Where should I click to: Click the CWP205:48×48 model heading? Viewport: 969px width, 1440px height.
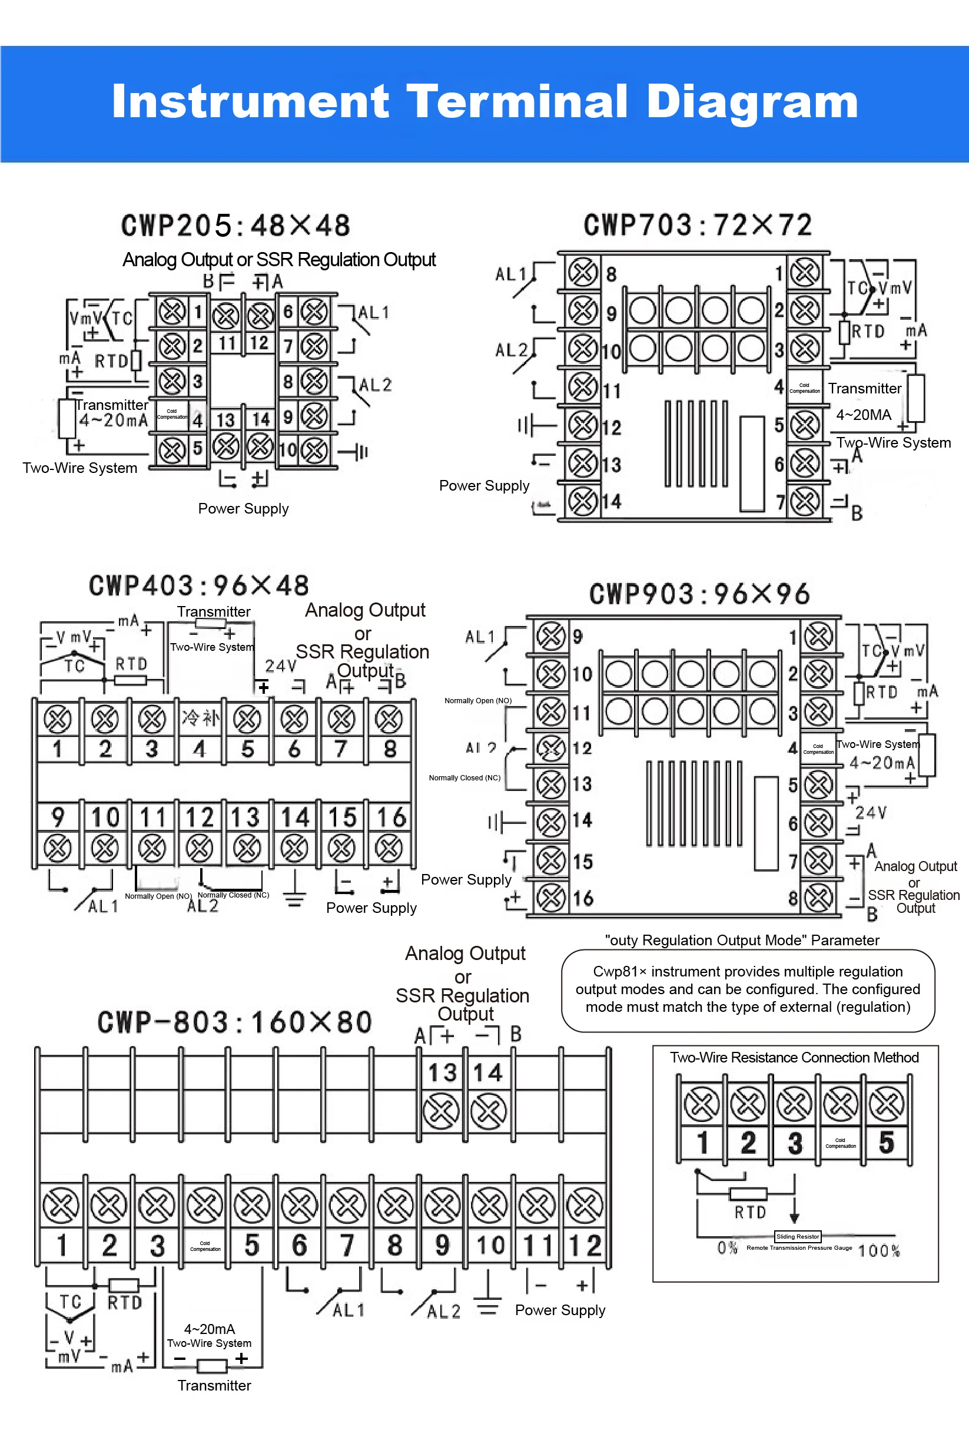click(x=235, y=226)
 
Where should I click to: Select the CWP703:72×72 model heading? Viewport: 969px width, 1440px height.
click(x=698, y=225)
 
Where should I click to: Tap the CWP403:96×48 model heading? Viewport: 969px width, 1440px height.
click(x=198, y=585)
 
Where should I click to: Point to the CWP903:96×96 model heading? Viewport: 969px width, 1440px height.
click(x=699, y=594)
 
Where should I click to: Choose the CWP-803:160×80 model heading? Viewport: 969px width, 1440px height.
click(x=234, y=1022)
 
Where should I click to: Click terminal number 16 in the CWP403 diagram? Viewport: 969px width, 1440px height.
click(x=390, y=817)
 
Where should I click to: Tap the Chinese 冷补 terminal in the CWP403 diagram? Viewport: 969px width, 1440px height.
click(x=200, y=718)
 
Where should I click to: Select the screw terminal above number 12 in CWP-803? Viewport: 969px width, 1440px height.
click(x=585, y=1205)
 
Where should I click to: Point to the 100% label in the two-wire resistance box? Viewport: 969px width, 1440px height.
click(x=879, y=1251)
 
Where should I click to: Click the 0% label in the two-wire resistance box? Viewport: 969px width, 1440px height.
click(x=728, y=1248)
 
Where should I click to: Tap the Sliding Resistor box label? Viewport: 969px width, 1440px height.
click(x=798, y=1237)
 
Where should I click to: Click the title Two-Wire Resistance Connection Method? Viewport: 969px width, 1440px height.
click(x=794, y=1057)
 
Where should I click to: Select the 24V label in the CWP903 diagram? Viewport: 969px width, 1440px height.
click(x=871, y=812)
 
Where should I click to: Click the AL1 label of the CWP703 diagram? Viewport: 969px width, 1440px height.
click(x=510, y=273)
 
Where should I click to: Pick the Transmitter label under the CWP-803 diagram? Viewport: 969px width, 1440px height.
click(x=214, y=1386)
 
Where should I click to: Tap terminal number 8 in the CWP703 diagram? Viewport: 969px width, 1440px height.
click(x=611, y=274)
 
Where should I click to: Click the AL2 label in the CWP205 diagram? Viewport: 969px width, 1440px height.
click(x=375, y=385)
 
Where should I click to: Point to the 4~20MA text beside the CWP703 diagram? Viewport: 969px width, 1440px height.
click(x=863, y=415)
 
